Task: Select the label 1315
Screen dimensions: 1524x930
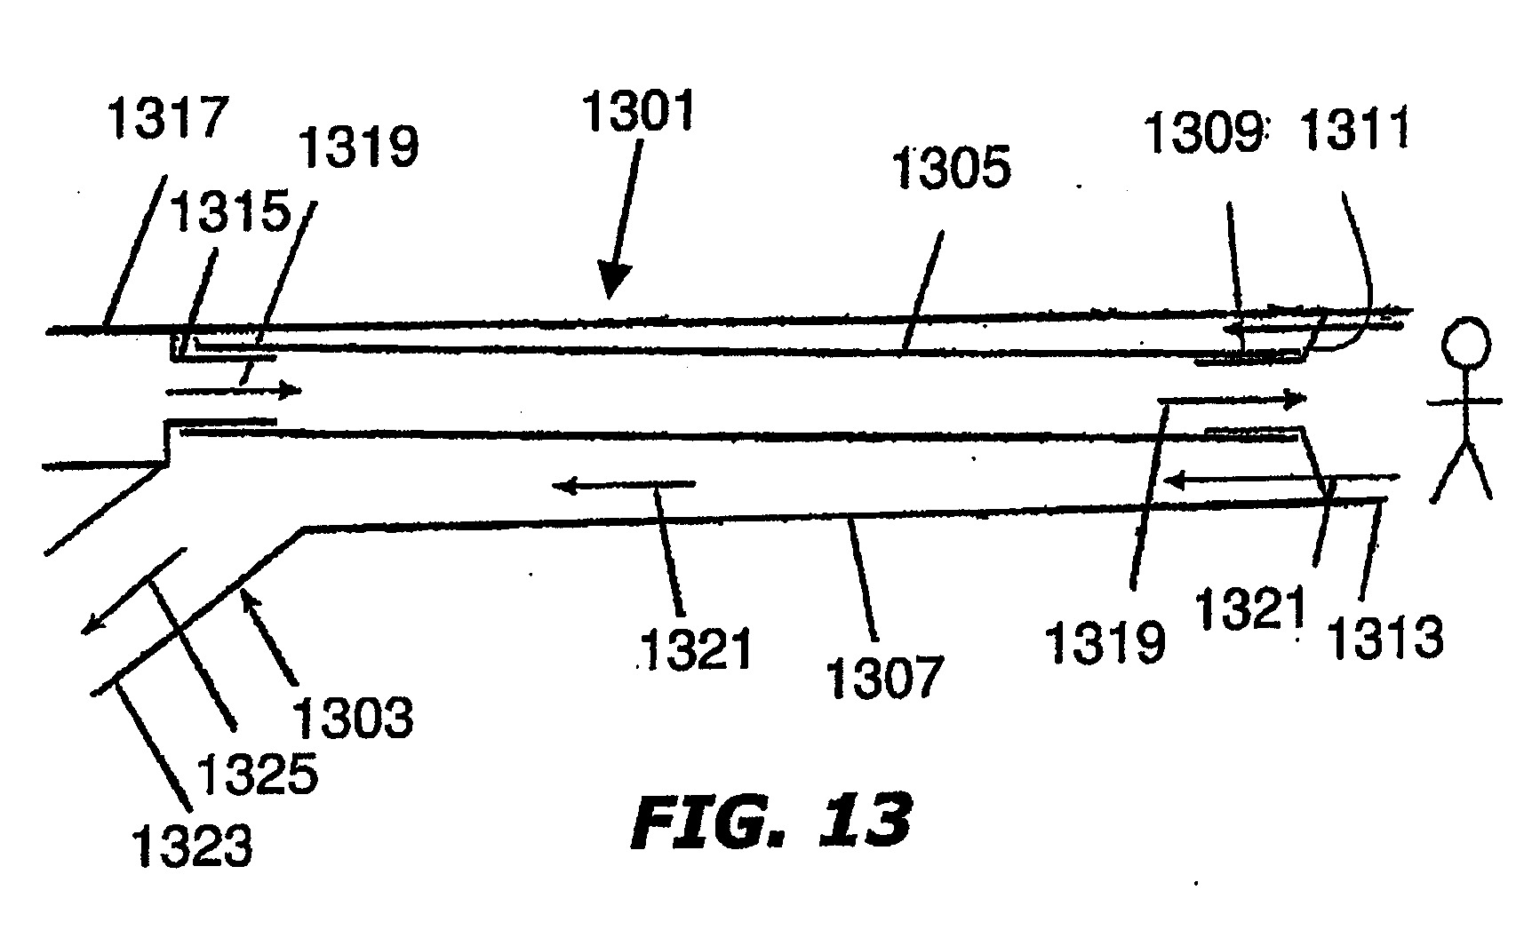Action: (231, 213)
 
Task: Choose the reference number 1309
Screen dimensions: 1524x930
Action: (1203, 134)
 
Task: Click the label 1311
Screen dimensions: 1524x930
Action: (1354, 130)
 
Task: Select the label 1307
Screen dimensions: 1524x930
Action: (882, 677)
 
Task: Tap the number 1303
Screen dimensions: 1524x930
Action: (354, 717)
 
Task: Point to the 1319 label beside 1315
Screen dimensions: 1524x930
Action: (358, 147)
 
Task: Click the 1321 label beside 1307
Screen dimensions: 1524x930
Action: (696, 650)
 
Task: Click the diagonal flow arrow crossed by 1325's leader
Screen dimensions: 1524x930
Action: (134, 592)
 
